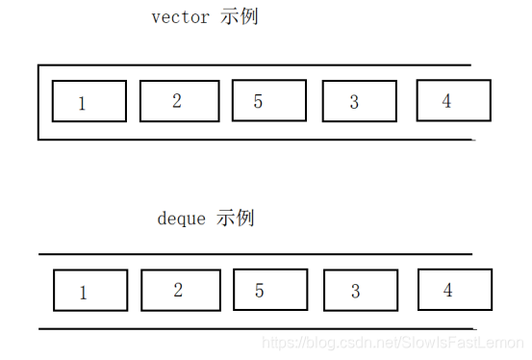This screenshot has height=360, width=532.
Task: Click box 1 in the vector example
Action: click(89, 101)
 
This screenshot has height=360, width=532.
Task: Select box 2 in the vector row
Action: click(179, 100)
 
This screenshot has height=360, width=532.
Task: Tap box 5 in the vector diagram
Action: click(269, 100)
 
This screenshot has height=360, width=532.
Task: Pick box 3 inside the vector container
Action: click(359, 101)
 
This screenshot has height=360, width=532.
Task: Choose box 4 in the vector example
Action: click(453, 100)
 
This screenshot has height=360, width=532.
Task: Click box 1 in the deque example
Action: click(89, 290)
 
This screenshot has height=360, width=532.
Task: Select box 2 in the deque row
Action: click(180, 289)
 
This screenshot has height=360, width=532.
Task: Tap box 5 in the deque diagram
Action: click(270, 289)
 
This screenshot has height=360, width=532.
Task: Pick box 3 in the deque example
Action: click(360, 290)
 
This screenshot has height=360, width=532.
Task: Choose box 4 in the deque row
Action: click(454, 289)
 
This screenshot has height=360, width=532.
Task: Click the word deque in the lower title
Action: click(181, 219)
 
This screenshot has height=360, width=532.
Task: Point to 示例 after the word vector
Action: click(239, 17)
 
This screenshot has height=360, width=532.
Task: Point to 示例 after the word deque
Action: click(235, 219)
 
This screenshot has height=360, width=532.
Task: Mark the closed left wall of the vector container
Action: click(38, 102)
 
